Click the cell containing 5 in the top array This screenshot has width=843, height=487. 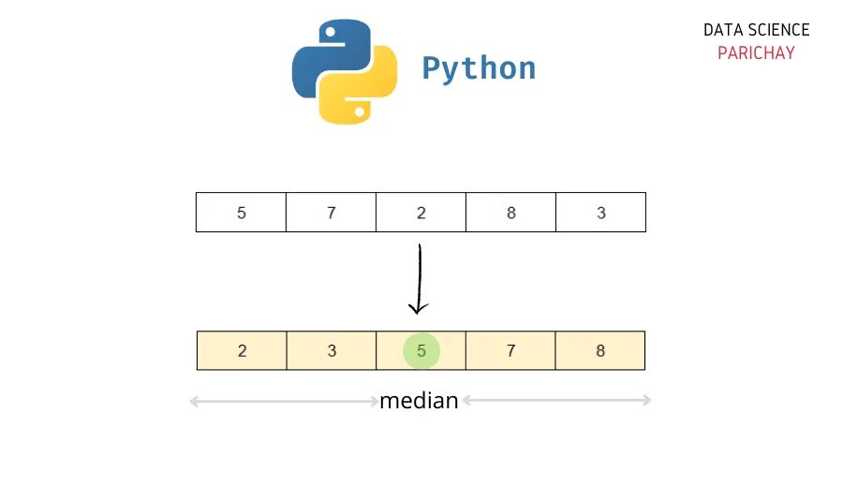pos(241,213)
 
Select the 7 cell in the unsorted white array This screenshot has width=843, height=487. pos(331,213)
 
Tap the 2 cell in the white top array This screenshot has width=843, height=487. pos(421,213)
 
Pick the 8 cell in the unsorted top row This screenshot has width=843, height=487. pos(510,213)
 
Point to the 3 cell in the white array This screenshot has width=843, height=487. pos(600,213)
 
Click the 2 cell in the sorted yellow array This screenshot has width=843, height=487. pos(242,351)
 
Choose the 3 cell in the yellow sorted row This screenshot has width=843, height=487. pos(332,351)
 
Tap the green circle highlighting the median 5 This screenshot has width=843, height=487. pos(421,351)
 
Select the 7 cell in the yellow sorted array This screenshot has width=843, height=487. pos(510,351)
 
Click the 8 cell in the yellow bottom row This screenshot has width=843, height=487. pos(600,351)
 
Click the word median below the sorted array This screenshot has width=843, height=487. pos(419,401)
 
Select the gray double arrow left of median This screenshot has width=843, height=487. pos(284,402)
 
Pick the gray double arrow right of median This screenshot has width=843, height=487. pos(556,401)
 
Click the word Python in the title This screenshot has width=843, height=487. pos(479,68)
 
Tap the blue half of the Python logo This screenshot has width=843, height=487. pos(318,56)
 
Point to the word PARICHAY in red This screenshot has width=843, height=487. pos(756,53)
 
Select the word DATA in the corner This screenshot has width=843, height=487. pos(723,30)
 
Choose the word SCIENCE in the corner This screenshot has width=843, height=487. pos(778,30)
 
